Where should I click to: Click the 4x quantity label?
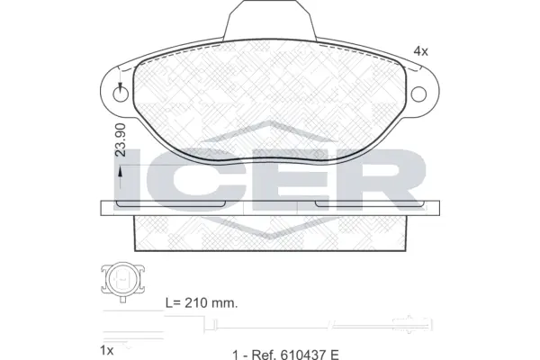tap(420, 50)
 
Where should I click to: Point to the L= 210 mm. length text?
tap(202, 303)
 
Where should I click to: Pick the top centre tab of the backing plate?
tap(270, 22)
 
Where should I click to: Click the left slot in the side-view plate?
tap(170, 204)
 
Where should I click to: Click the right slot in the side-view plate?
tap(369, 204)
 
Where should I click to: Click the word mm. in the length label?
tap(225, 303)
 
